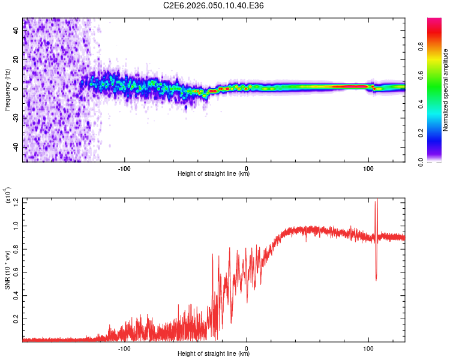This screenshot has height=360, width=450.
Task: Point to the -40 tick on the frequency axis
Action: [16, 147]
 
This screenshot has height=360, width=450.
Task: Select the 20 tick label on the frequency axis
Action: [16, 59]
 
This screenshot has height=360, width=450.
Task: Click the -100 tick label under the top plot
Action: [125, 167]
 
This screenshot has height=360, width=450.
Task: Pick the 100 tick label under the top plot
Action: [368, 167]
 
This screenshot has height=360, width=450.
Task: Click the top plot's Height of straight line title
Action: [214, 174]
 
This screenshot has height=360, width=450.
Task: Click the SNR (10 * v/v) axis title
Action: [8, 269]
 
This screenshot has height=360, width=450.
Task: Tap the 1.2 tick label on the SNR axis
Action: [16, 202]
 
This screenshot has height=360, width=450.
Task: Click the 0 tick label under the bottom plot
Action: [247, 347]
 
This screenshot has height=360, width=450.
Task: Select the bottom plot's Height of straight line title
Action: [214, 354]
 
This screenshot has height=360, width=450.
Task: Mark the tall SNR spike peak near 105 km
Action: [376, 201]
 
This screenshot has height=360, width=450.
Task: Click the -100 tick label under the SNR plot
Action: [125, 347]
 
